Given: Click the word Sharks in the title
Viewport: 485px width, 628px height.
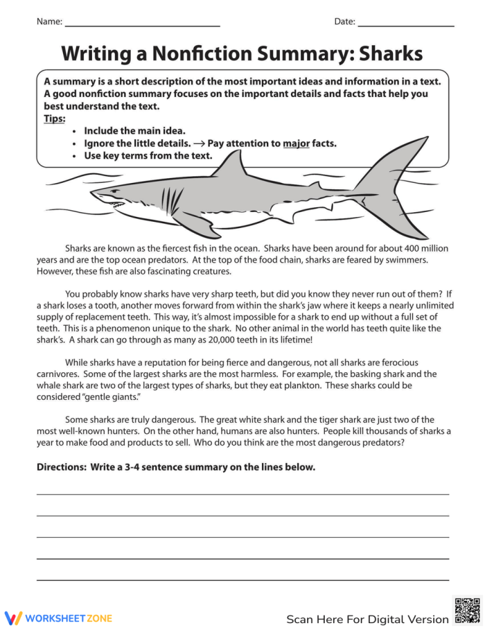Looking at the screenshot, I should (x=385, y=53).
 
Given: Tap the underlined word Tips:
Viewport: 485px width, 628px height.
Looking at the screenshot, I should (x=54, y=119).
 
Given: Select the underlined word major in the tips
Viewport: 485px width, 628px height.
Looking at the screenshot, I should (x=296, y=143).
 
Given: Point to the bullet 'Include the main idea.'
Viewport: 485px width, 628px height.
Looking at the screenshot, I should (x=134, y=130).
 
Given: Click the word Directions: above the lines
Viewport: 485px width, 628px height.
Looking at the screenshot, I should (x=61, y=467).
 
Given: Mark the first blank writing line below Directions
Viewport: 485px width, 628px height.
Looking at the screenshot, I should (x=242, y=494).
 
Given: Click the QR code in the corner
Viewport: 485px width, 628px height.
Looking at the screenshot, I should (x=466, y=610).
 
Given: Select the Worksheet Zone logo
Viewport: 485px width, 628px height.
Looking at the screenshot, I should (x=58, y=618).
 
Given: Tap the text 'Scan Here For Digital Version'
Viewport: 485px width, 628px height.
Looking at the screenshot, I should (x=367, y=619).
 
